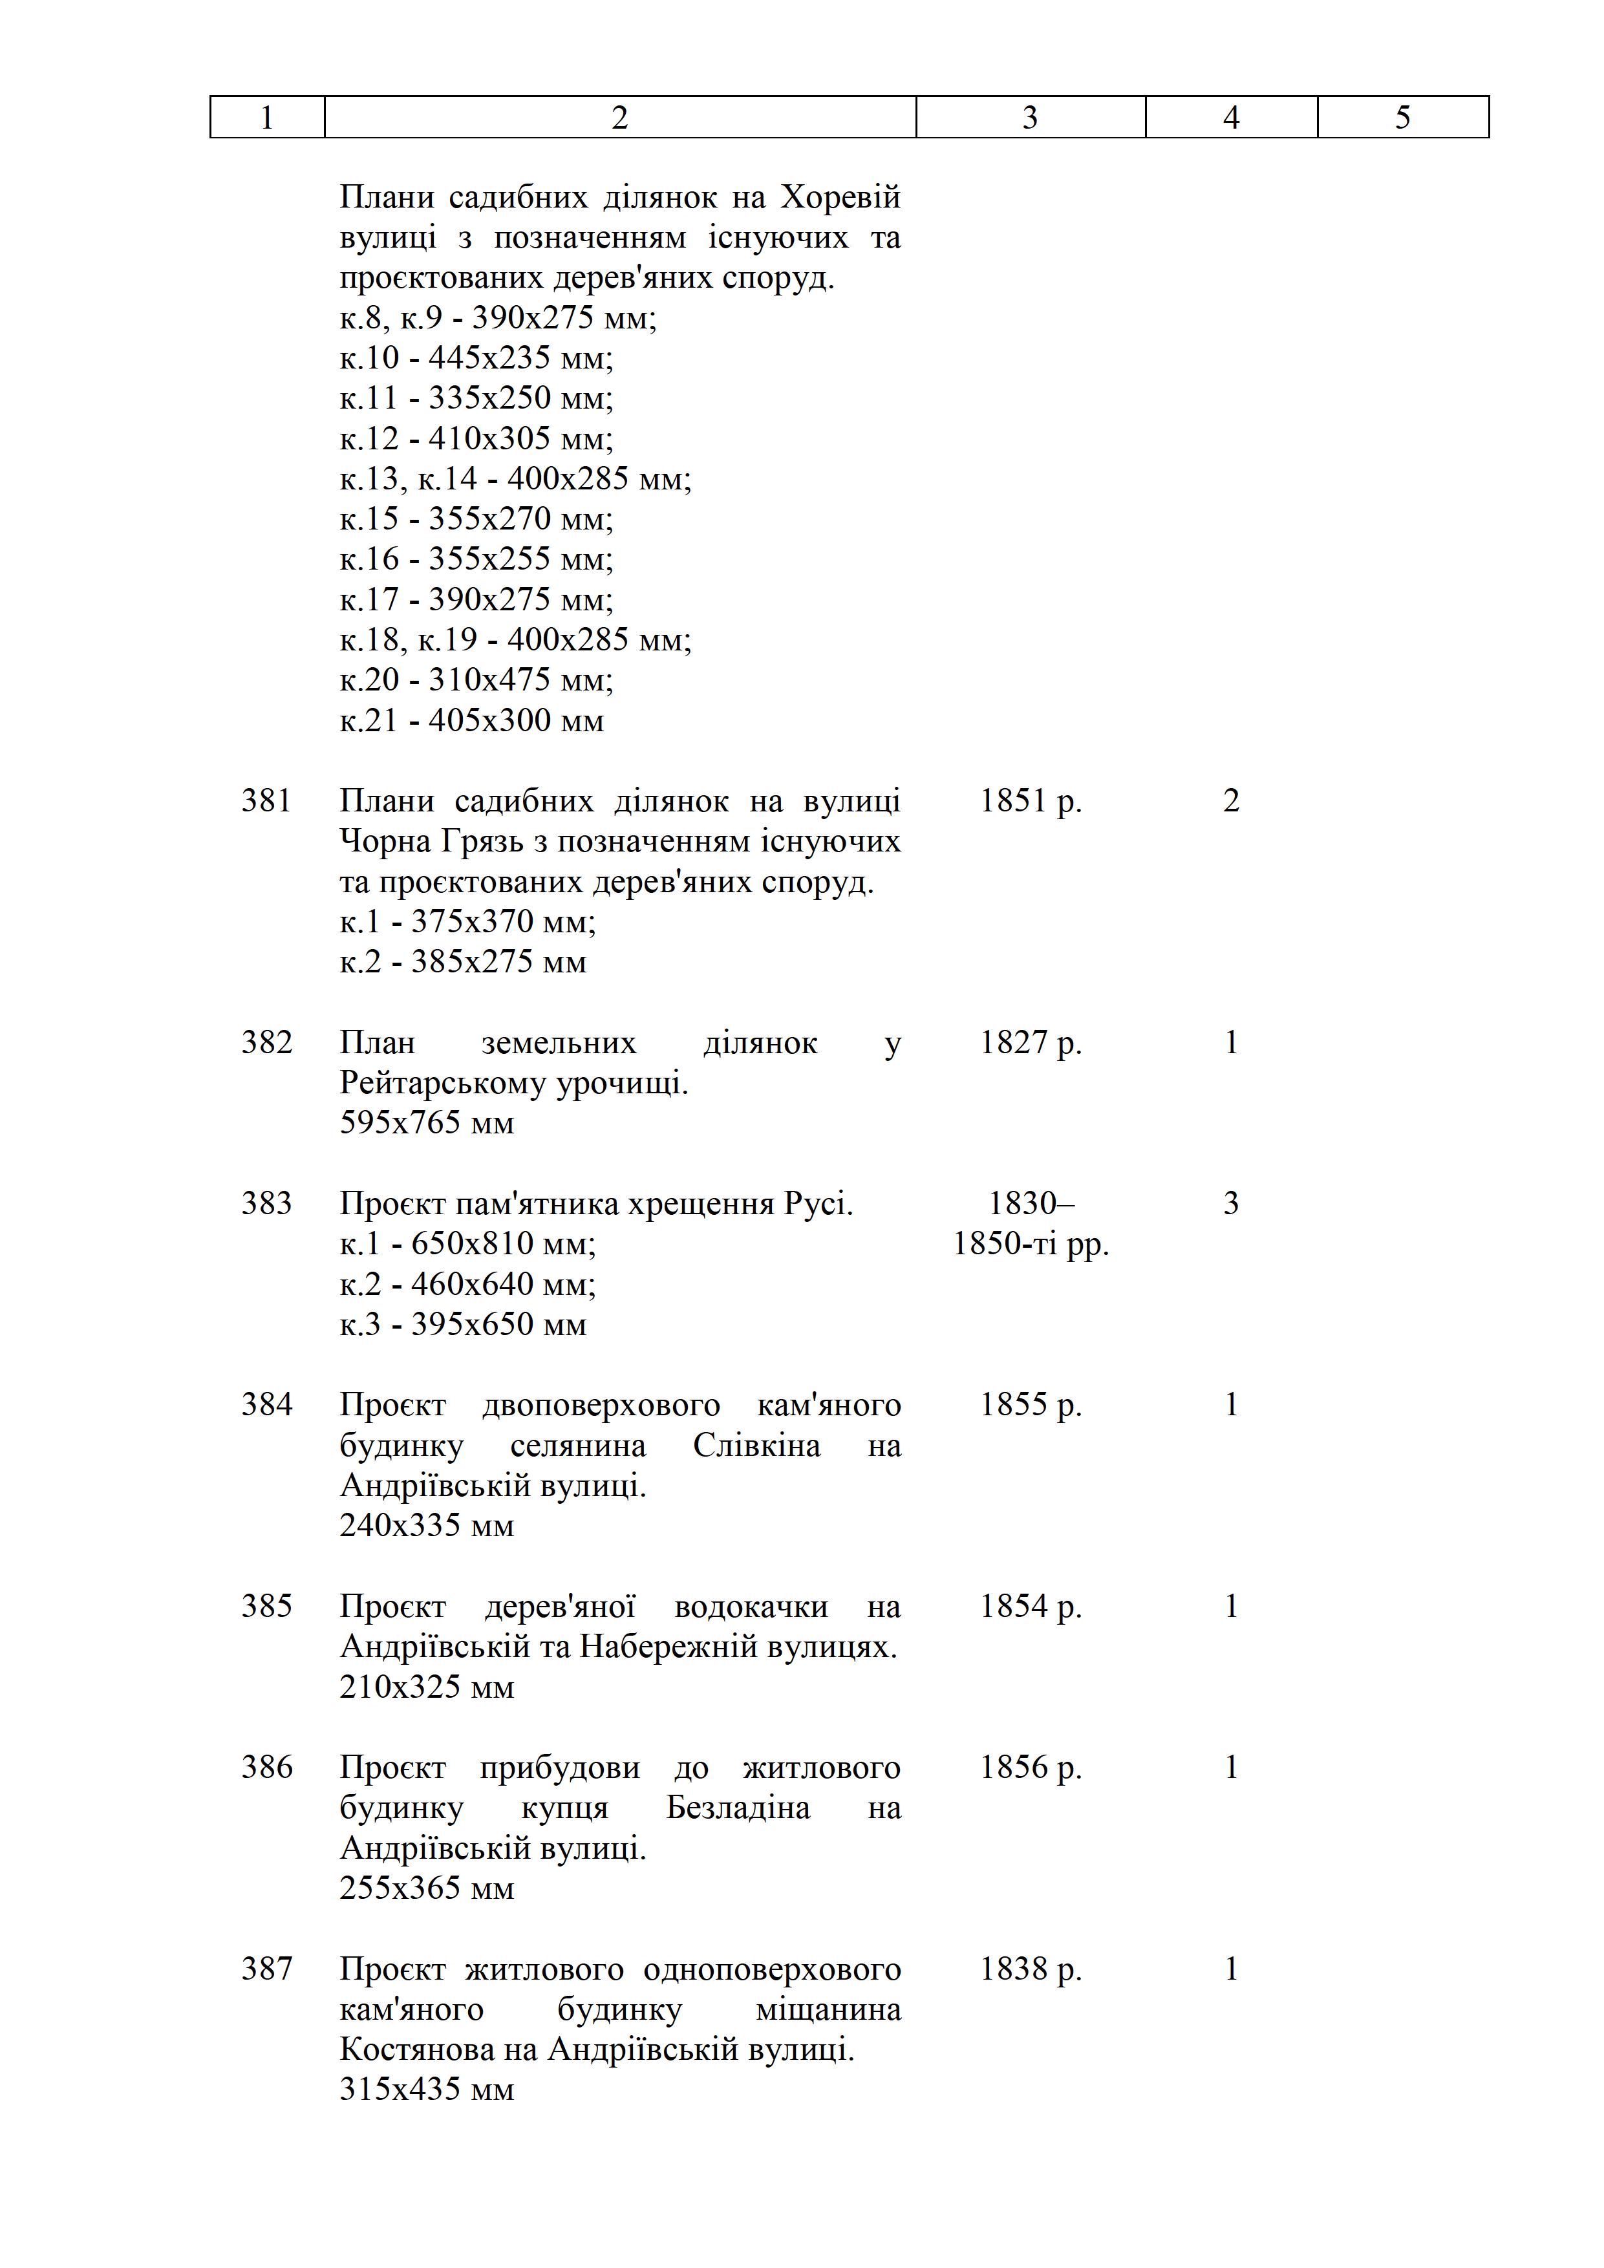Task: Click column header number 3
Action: tap(1029, 118)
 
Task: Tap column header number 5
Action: tap(1402, 118)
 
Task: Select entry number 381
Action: tap(266, 800)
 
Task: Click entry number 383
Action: tap(266, 1203)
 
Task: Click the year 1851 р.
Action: tap(1030, 800)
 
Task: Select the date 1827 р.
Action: tap(1030, 1042)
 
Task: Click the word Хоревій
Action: tap(840, 198)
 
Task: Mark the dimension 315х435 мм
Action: tap(427, 2089)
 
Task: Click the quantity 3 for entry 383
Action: tap(1231, 1203)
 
